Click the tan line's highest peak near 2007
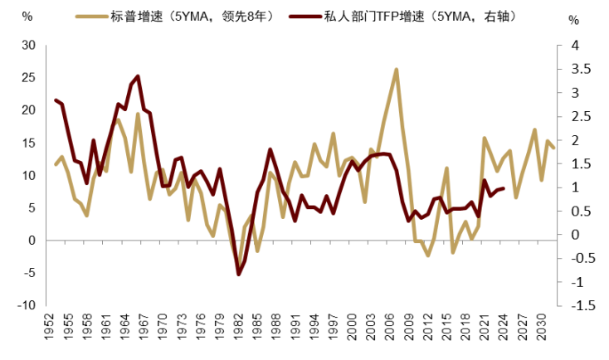coord(397,69)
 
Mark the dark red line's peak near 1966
coord(137,76)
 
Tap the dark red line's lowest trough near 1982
coord(238,274)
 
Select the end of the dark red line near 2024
coord(504,188)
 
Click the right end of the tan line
coord(553,148)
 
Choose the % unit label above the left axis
coord(27,17)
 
